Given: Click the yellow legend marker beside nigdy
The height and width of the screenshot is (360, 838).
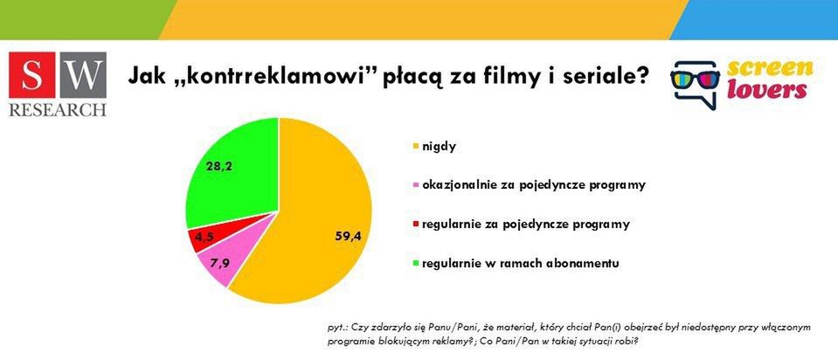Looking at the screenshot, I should [414, 145].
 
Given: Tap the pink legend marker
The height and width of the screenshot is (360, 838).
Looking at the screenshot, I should [414, 185].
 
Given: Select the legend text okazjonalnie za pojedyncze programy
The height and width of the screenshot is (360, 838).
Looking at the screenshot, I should [534, 185].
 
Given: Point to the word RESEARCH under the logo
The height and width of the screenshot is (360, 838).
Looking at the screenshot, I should [57, 110].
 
